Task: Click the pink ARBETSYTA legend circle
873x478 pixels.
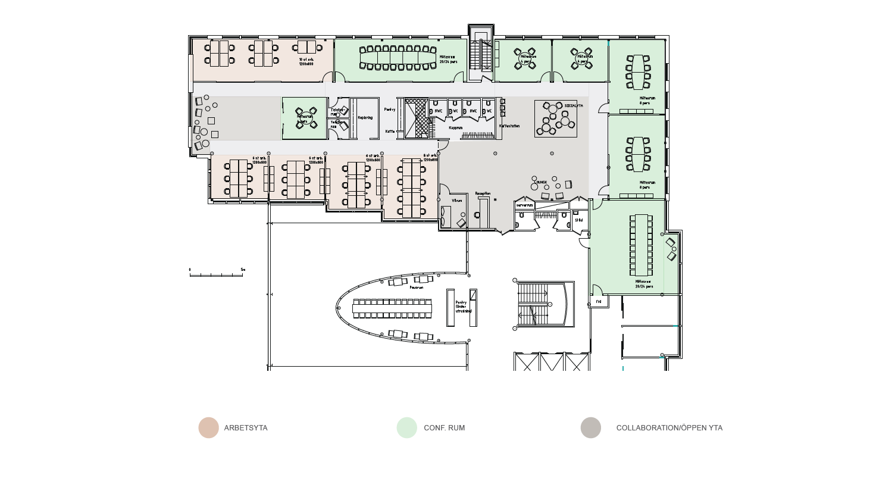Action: (x=209, y=428)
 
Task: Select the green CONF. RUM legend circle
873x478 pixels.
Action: (x=407, y=428)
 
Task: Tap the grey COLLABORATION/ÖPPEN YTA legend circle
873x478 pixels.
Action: (x=591, y=428)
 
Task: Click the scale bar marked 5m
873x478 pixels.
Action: (x=217, y=274)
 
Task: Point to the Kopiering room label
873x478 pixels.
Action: (x=365, y=118)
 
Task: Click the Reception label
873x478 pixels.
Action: (x=483, y=193)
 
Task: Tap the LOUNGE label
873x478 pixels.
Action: (x=541, y=182)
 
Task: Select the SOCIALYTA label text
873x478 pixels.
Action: (x=574, y=105)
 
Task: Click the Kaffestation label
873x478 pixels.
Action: (x=509, y=126)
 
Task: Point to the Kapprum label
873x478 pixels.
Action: (x=456, y=127)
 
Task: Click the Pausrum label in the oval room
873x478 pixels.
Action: (x=417, y=287)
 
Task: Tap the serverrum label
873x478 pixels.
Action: (x=524, y=204)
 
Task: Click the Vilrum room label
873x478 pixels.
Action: (x=457, y=201)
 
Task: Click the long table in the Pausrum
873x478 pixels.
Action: (x=392, y=308)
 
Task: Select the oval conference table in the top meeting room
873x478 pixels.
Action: (x=397, y=57)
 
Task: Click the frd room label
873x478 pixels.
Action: (x=598, y=302)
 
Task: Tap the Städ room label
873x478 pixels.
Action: (x=578, y=220)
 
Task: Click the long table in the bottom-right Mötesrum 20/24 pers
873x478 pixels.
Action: (x=641, y=245)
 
